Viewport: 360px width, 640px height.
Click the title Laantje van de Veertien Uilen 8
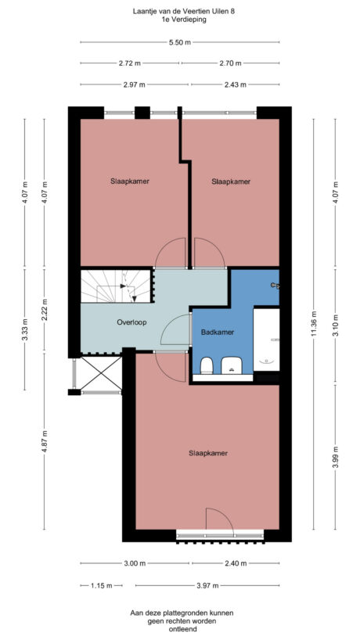pos(180,11)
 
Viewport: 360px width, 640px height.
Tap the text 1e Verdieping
pos(180,20)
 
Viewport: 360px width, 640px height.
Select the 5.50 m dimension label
pos(180,43)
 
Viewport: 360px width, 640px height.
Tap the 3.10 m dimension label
pos(336,329)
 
